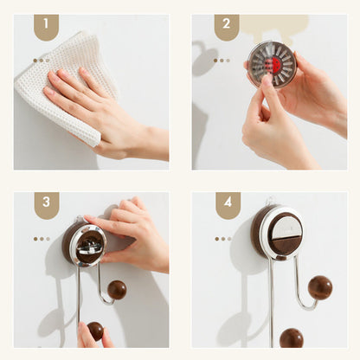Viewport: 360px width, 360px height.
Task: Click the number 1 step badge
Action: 46,27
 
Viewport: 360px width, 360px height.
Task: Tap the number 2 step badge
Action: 227,27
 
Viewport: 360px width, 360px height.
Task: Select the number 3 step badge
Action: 47,205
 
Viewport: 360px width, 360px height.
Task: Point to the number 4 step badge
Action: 228,205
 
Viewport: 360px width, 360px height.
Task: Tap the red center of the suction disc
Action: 273,65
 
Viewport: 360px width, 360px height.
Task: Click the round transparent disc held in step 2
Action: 272,64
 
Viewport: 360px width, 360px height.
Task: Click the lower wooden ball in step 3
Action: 95,331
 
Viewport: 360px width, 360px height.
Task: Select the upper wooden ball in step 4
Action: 320,288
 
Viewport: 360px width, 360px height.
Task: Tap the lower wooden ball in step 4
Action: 292,337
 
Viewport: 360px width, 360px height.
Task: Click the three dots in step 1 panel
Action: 42,61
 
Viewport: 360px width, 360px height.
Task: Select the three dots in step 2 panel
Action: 222,61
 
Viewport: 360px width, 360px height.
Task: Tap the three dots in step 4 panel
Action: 223,239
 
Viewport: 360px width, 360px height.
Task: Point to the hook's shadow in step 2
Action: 203,58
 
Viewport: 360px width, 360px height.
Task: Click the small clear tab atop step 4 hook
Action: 270,201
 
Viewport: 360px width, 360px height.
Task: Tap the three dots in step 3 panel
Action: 42,239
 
